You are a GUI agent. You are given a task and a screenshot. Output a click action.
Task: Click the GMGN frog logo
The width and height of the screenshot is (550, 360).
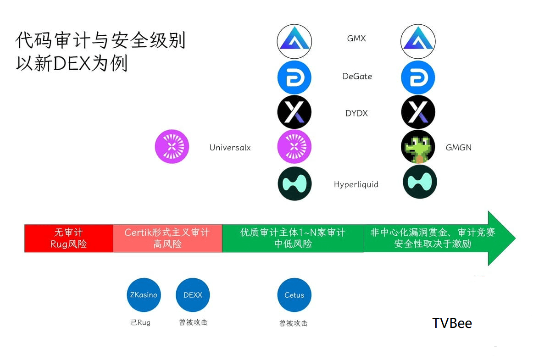point(418,147)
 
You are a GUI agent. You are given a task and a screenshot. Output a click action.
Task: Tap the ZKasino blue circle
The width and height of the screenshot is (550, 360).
point(144,295)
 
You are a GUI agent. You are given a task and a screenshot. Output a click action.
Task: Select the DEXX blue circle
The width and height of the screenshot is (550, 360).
point(193,295)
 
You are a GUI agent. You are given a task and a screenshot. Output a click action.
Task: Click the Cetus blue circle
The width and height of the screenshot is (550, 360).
point(294,295)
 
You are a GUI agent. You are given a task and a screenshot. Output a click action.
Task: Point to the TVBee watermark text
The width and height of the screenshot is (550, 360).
point(452,323)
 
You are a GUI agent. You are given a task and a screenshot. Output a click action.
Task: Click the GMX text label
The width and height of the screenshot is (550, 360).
point(356,38)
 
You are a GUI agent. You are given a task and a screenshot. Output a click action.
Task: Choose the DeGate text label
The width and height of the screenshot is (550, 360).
point(357,76)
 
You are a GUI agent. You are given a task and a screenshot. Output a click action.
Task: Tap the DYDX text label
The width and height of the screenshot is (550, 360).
point(356,113)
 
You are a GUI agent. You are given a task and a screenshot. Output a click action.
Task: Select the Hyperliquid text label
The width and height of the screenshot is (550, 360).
point(356,184)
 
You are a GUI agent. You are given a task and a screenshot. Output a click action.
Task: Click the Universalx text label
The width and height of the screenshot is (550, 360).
point(230,148)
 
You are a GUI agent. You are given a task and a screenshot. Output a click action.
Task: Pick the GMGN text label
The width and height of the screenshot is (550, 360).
point(458,148)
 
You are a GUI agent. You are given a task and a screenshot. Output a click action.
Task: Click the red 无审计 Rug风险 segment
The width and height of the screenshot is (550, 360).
point(69,238)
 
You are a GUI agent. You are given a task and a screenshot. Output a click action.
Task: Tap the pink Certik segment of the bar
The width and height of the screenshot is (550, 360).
point(168,238)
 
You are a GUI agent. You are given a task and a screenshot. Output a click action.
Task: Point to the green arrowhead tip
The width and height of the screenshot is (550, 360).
point(515,238)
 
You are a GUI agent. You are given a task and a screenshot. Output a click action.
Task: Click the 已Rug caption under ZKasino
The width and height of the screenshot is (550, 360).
point(141,322)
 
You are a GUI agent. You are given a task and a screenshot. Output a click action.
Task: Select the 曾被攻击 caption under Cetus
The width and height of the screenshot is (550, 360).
point(293,323)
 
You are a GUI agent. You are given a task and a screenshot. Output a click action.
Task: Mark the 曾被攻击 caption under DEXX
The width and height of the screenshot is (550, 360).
point(193,322)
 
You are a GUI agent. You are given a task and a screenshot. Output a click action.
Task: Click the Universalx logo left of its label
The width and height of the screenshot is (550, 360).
point(172,147)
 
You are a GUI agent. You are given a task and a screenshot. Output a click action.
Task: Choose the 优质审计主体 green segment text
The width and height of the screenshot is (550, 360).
point(293,238)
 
